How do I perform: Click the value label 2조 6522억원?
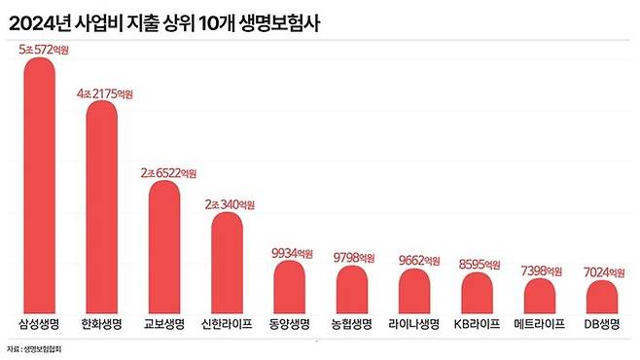[x=167, y=172]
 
